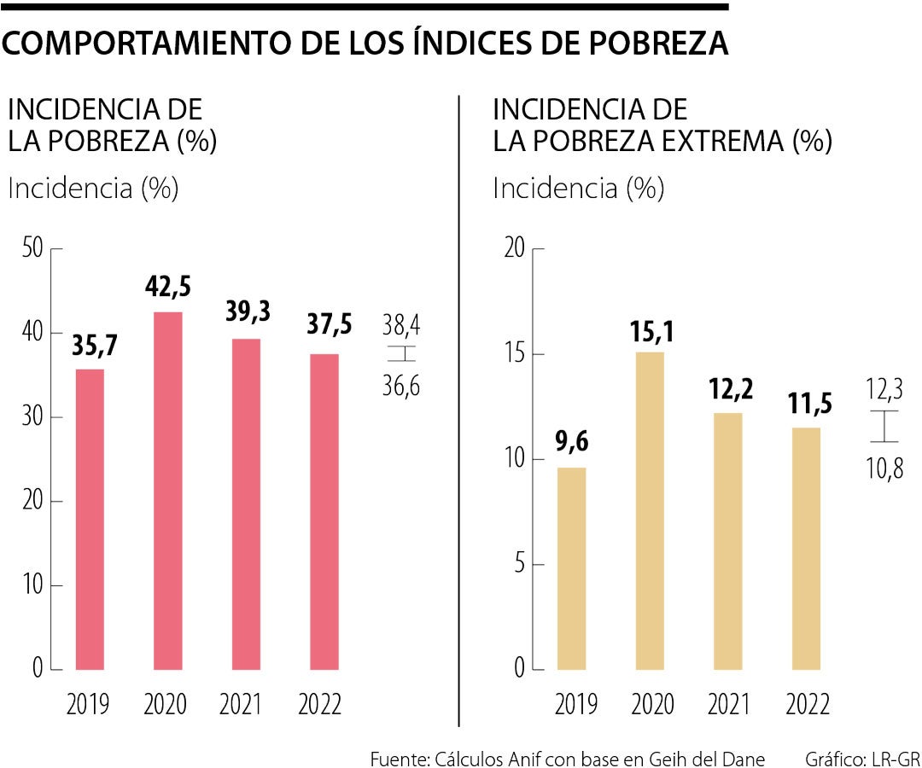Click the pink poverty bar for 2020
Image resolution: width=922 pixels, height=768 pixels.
pyautogui.click(x=168, y=491)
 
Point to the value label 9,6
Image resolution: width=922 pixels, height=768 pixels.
pyautogui.click(x=571, y=442)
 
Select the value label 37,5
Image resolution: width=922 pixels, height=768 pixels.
pyautogui.click(x=324, y=329)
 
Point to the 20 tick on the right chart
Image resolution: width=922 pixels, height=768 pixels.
pyautogui.click(x=514, y=249)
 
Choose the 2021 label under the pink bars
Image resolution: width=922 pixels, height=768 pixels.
pyautogui.click(x=240, y=705)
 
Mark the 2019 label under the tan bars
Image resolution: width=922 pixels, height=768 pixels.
pyautogui.click(x=575, y=705)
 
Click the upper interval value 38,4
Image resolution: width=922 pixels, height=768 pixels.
pyautogui.click(x=401, y=325)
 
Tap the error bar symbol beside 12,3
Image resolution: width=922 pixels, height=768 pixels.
pyautogui.click(x=884, y=426)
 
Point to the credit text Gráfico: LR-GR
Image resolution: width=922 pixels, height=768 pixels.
pyautogui.click(x=862, y=758)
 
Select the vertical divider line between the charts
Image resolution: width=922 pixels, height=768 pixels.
pyautogui.click(x=459, y=410)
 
